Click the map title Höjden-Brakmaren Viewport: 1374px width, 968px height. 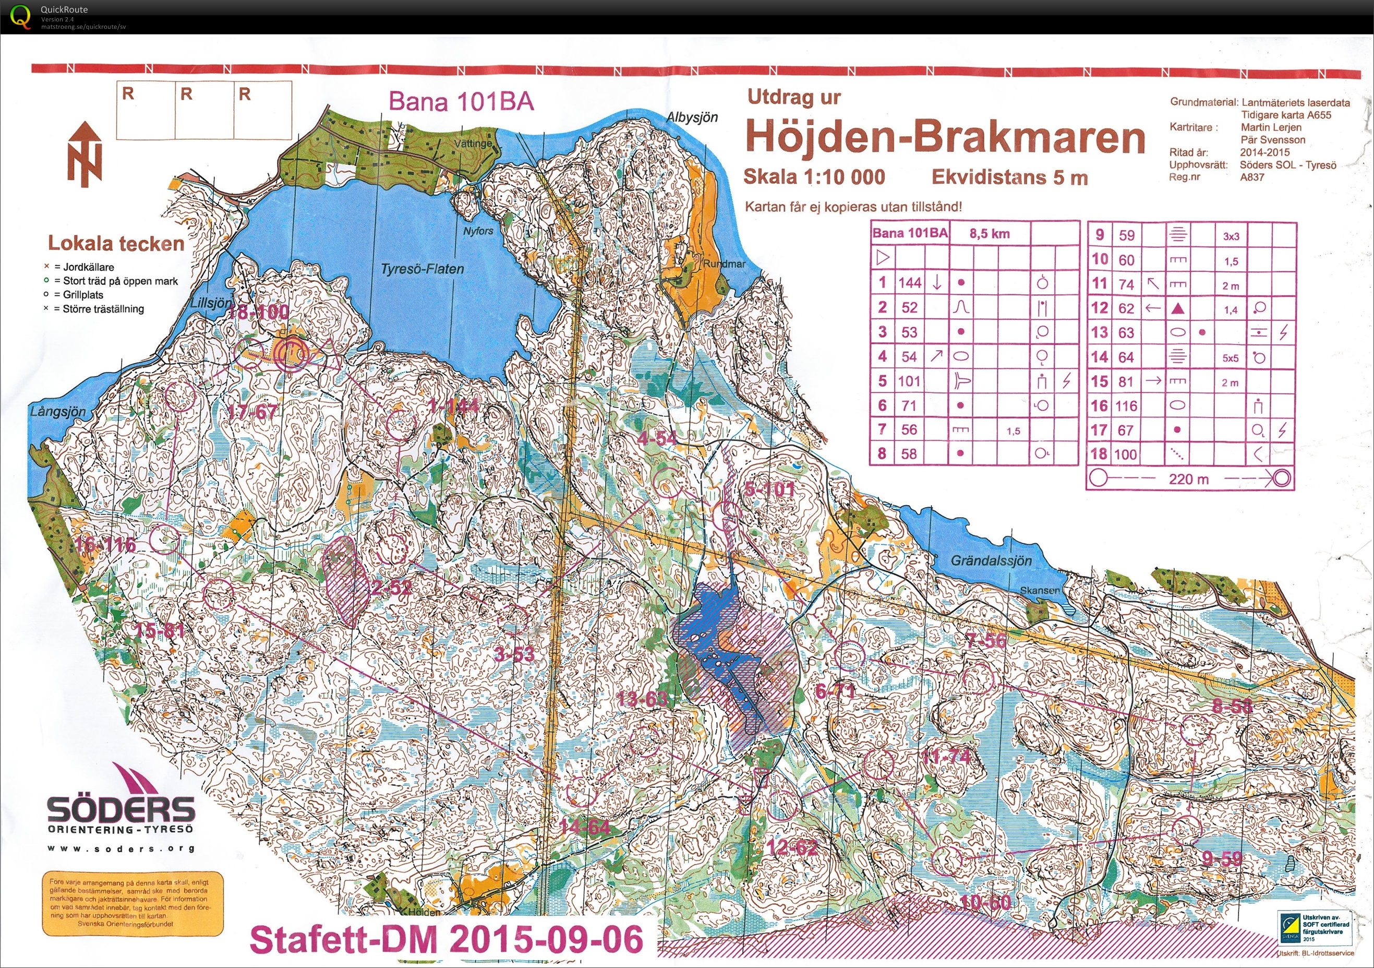pyautogui.click(x=946, y=138)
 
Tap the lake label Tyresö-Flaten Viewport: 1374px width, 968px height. pyautogui.click(x=423, y=269)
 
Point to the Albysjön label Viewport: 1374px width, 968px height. pyautogui.click(x=692, y=117)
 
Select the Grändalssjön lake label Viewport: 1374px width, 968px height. pyautogui.click(x=991, y=561)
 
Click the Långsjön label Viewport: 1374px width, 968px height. pyautogui.click(x=58, y=412)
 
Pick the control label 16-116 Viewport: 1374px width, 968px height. pyautogui.click(x=106, y=545)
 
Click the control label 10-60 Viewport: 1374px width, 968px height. pyautogui.click(x=985, y=902)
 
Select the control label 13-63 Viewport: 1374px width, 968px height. pyautogui.click(x=642, y=699)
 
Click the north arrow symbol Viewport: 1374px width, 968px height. pyautogui.click(x=85, y=154)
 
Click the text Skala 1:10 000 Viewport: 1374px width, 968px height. pyautogui.click(x=814, y=176)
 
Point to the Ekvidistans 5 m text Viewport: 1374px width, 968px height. pyautogui.click(x=1009, y=177)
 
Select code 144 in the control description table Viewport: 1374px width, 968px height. pyautogui.click(x=909, y=282)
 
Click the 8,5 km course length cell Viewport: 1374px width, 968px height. pyautogui.click(x=989, y=233)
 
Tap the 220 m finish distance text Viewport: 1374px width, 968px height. pyautogui.click(x=1188, y=479)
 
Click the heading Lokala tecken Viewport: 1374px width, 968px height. pyautogui.click(x=116, y=244)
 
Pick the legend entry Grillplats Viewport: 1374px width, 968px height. pyautogui.click(x=82, y=294)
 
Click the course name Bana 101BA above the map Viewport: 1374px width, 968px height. pyautogui.click(x=461, y=101)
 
